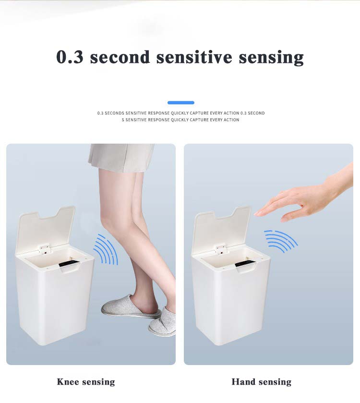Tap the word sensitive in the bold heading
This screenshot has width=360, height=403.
[x=195, y=57]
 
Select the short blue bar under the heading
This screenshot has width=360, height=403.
[x=181, y=102]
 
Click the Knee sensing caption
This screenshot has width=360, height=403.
[x=86, y=382]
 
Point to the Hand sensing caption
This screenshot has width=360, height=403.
[x=261, y=382]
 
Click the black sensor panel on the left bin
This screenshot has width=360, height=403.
[x=69, y=264]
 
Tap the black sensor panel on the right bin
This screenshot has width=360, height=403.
[x=245, y=263]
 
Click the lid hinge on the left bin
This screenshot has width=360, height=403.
[x=45, y=249]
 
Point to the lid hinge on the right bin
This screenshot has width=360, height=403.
[x=221, y=249]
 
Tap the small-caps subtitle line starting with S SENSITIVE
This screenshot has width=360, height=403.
[x=180, y=120]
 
